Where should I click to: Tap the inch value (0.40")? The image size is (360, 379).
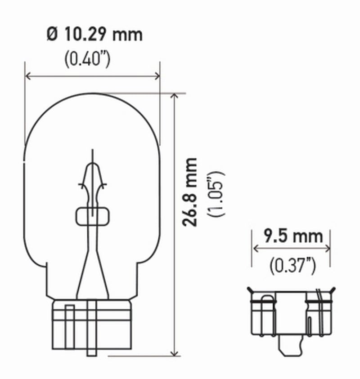coord(87,60)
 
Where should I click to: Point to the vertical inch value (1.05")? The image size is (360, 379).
coord(216,194)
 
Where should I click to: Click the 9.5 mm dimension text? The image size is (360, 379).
coord(293,236)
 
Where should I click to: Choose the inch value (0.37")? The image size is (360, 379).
coord(292,266)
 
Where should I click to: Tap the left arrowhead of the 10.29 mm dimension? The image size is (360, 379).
coord(27,76)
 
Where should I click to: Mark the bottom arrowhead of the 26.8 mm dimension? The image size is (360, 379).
coord(174,353)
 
